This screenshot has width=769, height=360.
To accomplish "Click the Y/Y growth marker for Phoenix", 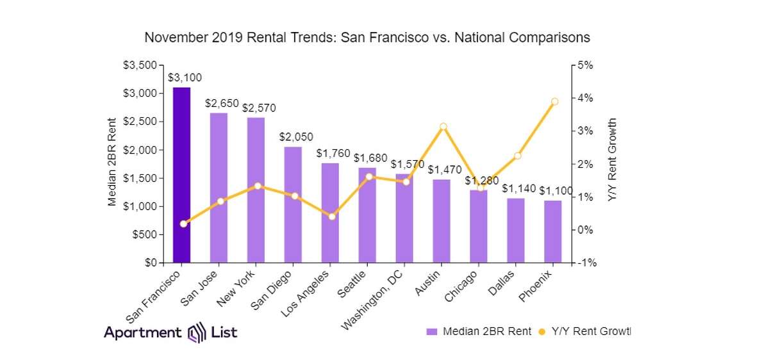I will (554, 101).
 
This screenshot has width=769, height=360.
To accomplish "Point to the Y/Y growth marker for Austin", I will (443, 126).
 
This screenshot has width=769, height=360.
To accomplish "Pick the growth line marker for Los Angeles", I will (331, 217).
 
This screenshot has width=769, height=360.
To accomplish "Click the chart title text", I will (367, 37).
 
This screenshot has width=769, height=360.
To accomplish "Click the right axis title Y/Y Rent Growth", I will (612, 160).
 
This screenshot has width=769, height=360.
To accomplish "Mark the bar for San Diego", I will (293, 204).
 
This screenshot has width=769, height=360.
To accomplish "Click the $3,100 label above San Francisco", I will (185, 78).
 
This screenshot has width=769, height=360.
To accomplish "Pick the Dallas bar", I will (516, 231).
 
